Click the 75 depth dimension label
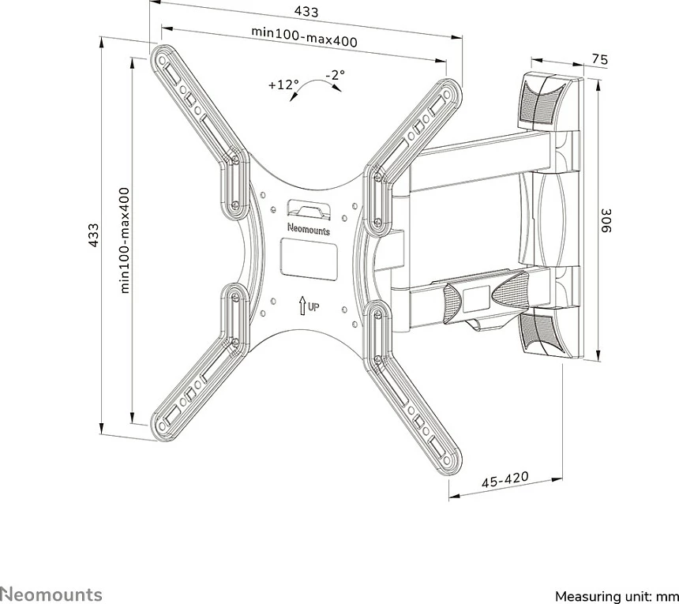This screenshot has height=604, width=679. click(x=600, y=59)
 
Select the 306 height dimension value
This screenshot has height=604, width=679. click(x=606, y=221)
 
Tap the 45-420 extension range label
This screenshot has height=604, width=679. click(x=505, y=480)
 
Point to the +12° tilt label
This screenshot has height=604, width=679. click(x=283, y=84)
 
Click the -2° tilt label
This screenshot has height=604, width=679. click(x=336, y=75)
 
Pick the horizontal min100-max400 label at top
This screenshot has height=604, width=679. click(x=305, y=37)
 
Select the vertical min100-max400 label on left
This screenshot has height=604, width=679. click(x=125, y=240)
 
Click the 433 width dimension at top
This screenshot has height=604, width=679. click(x=306, y=12)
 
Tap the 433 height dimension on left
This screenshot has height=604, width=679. click(x=93, y=235)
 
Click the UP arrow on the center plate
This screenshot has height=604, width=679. click(x=302, y=306)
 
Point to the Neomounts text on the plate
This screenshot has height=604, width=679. click(x=309, y=229)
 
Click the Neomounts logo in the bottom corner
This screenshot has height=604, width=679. click(x=51, y=594)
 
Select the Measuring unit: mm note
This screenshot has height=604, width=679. click(x=617, y=596)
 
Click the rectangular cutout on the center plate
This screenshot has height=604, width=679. click(x=309, y=258)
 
